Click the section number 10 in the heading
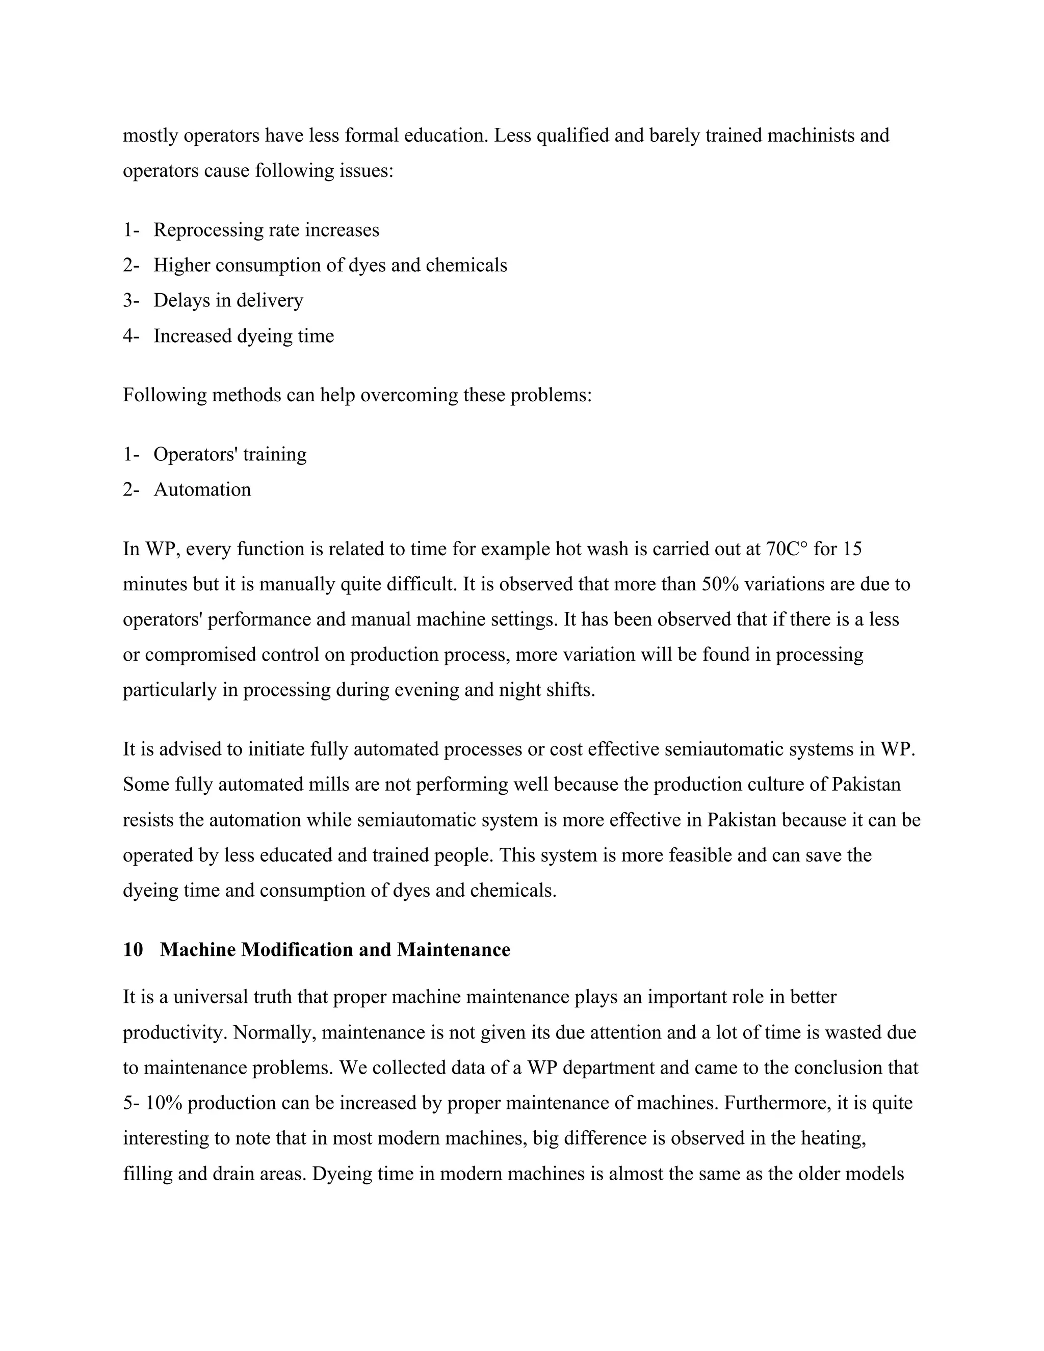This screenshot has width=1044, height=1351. pos(133,950)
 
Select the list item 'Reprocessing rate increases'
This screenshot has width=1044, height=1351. pos(266,230)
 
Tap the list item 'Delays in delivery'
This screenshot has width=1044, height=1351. pos(228,301)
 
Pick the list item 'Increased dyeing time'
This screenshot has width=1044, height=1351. pos(244,336)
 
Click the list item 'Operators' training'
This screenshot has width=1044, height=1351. pos(230,454)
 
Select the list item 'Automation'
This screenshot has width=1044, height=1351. pos(202,489)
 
